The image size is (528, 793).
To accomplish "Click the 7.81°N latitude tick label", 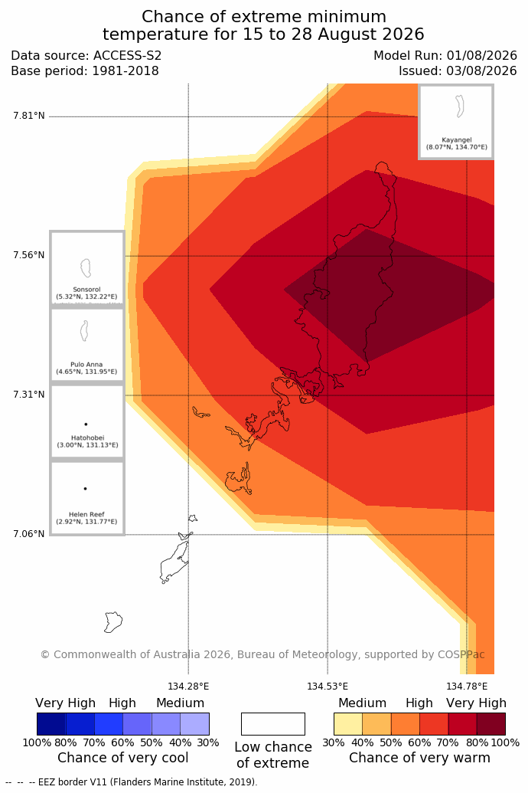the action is [x=29, y=116].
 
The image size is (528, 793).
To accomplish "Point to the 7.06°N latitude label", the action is [x=29, y=534].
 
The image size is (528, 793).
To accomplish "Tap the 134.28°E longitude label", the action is [x=188, y=687].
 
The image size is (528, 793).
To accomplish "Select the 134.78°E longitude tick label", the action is [x=467, y=687].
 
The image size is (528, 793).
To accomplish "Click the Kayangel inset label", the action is [x=457, y=140].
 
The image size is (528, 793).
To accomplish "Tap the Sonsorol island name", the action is [x=87, y=290].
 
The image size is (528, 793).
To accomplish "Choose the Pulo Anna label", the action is [x=87, y=364].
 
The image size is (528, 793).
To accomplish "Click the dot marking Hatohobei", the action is [x=86, y=424].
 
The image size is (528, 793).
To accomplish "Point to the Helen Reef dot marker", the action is [x=86, y=489].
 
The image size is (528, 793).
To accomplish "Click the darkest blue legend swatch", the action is [x=51, y=724].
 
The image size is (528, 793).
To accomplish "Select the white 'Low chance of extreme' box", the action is [x=273, y=724].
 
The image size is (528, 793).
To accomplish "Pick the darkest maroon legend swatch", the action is [x=491, y=724].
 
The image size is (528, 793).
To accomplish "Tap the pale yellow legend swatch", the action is [x=348, y=724].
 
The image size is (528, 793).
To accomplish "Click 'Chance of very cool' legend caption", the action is [x=122, y=758].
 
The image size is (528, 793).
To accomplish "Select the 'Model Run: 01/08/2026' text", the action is [x=445, y=56].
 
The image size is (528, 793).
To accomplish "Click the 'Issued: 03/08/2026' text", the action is [x=458, y=70].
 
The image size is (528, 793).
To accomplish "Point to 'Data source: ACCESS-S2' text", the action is [x=86, y=56].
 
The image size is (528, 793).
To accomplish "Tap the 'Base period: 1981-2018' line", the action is [x=85, y=70].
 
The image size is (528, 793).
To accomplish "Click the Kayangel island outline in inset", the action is [x=460, y=106].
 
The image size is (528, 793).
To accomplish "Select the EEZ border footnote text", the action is [x=132, y=782].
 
